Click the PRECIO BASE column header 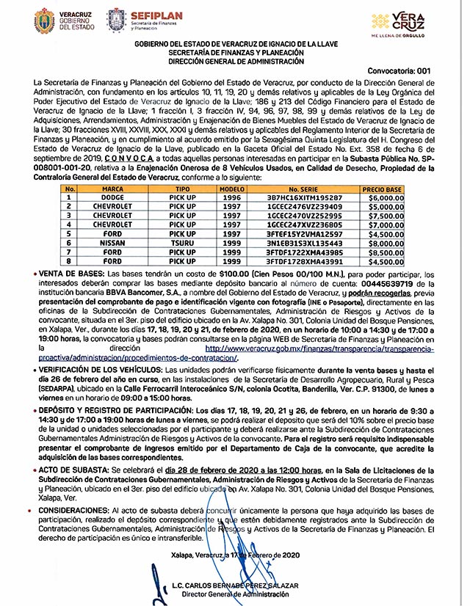383,189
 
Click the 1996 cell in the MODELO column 231,197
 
